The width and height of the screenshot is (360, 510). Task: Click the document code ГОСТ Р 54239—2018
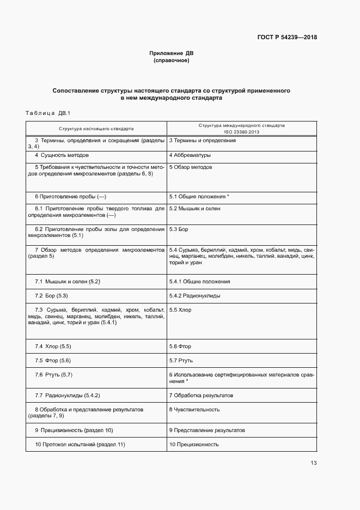click(x=287, y=38)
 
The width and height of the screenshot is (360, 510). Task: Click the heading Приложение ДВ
click(x=172, y=53)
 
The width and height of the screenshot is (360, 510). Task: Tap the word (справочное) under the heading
click(x=172, y=60)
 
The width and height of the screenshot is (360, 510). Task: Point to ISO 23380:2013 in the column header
click(x=241, y=132)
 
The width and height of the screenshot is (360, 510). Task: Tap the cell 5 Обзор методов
click(x=191, y=167)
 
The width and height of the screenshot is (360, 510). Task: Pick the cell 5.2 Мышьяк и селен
click(x=196, y=209)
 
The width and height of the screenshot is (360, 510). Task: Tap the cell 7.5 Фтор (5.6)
click(x=53, y=361)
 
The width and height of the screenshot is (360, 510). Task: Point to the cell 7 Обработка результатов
click(x=201, y=394)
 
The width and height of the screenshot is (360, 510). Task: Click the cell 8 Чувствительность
click(x=194, y=409)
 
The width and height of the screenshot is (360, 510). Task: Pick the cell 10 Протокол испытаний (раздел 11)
click(x=80, y=445)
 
